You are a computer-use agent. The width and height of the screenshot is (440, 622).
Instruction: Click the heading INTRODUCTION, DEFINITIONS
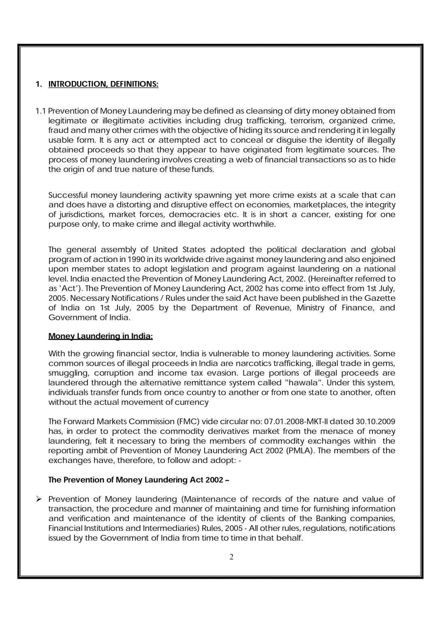point(103,84)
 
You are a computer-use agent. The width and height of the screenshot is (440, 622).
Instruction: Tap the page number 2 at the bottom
point(231,557)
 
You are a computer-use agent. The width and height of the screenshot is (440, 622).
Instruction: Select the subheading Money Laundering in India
point(100,336)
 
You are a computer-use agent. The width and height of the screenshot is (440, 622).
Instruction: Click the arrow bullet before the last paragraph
point(40,499)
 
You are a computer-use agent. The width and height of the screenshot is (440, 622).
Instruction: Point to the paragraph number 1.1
point(41,111)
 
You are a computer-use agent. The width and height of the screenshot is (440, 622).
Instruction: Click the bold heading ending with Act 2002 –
point(138,480)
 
